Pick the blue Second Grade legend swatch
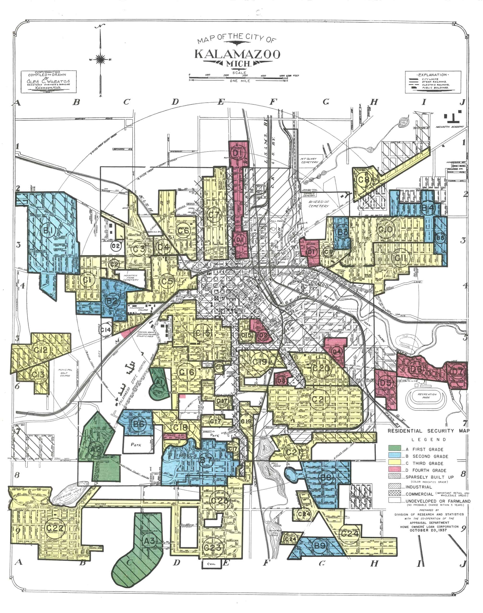click(395, 455)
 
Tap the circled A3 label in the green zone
click(149, 541)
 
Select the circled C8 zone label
click(364, 180)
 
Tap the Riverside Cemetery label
click(319, 204)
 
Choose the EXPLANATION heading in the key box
click(432, 75)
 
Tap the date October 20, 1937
click(428, 530)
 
